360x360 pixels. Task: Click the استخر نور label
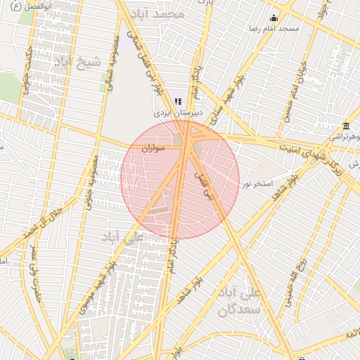tap(257, 184)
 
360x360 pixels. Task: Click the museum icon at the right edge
tap(346, 124)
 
